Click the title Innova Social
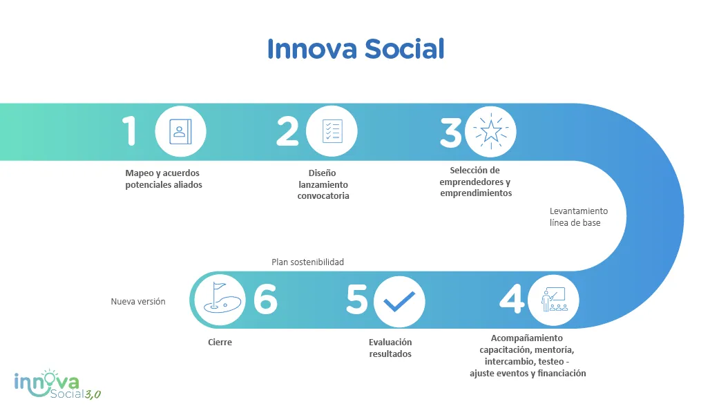pos(356,49)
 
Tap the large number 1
pos(129,131)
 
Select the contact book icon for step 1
pos(180,132)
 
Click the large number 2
pos(287,131)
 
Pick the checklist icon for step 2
pos(332,131)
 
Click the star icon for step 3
pos(490,132)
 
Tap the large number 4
pos(512,298)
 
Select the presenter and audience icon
pos(553,300)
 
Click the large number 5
pos(357,300)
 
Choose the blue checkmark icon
pos(399,302)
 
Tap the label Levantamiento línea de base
pos(579,217)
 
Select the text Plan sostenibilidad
pos(307,262)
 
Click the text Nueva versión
pos(138,302)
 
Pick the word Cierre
pos(220,342)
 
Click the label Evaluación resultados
pos(390,348)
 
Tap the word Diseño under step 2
pos(322,173)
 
